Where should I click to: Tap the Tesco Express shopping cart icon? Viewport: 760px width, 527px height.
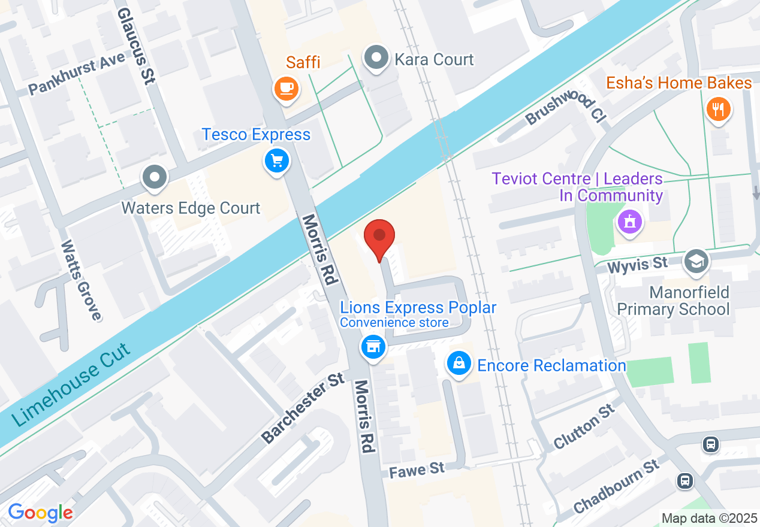(x=276, y=160)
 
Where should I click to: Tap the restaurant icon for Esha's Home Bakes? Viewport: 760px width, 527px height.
(x=717, y=109)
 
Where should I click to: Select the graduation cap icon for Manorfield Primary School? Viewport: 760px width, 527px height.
(x=696, y=261)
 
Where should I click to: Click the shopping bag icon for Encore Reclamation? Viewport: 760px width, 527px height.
(x=459, y=364)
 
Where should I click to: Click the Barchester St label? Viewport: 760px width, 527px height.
(x=303, y=409)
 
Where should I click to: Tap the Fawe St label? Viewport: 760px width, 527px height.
(x=417, y=469)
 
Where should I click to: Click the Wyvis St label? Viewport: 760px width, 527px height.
(x=637, y=264)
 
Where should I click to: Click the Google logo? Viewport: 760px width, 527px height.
(x=40, y=513)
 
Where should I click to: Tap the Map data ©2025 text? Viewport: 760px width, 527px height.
(x=708, y=517)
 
